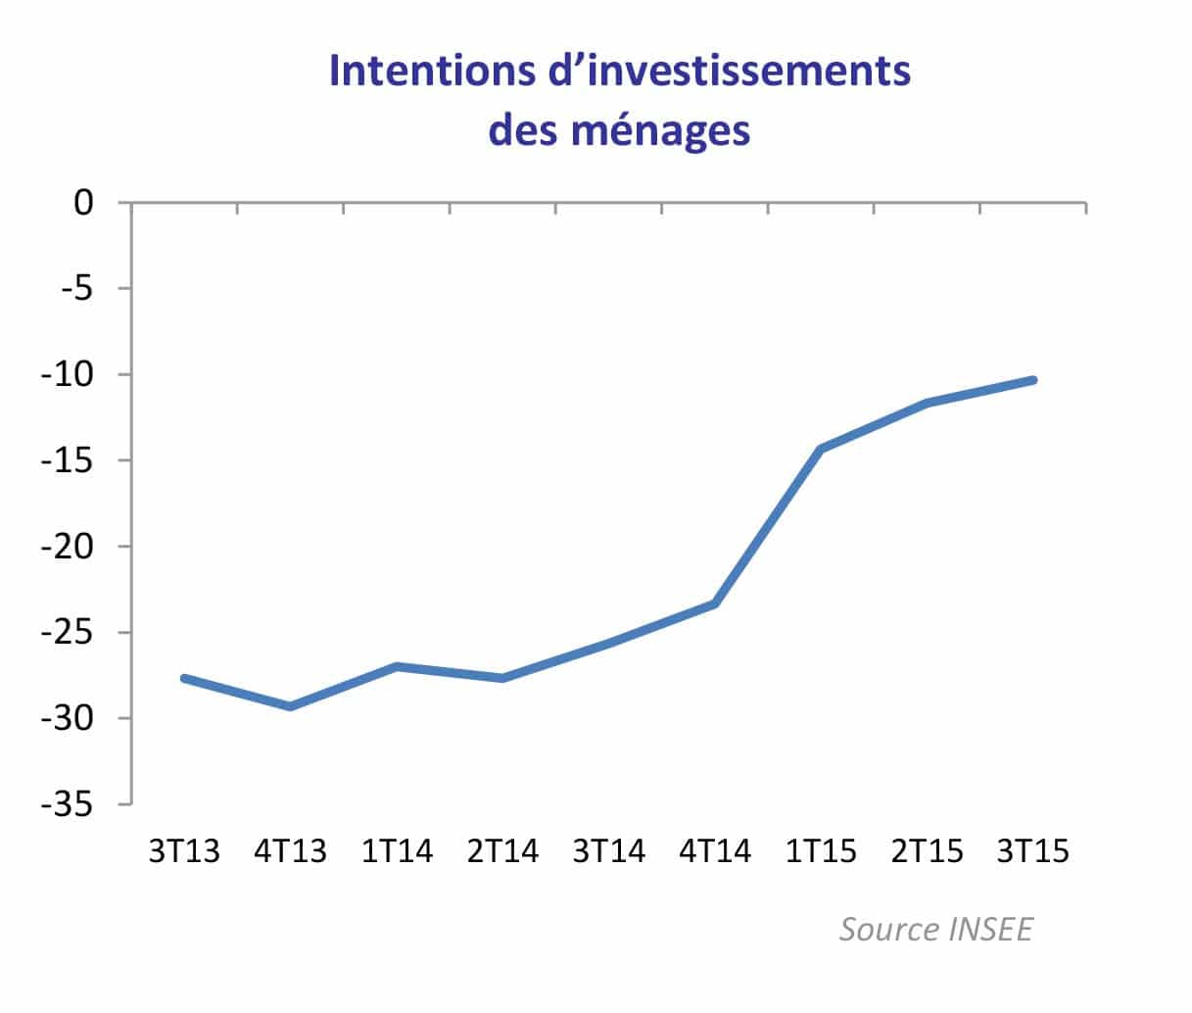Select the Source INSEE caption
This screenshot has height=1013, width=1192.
pyautogui.click(x=935, y=929)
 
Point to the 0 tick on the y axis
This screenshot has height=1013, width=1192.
pyautogui.click(x=83, y=203)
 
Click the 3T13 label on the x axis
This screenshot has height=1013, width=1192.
pyautogui.click(x=184, y=851)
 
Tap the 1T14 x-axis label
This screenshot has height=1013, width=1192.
pyautogui.click(x=397, y=851)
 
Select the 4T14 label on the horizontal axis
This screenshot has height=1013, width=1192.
pyautogui.click(x=715, y=851)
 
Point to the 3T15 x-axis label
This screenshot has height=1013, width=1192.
pyautogui.click(x=1032, y=851)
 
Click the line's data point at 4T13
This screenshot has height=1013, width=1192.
pyautogui.click(x=290, y=706)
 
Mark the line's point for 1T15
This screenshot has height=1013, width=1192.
pyautogui.click(x=821, y=449)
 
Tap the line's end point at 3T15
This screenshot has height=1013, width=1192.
pyautogui.click(x=1032, y=380)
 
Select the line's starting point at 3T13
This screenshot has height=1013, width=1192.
pyautogui.click(x=184, y=678)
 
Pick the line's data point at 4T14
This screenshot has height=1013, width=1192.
pyautogui.click(x=715, y=603)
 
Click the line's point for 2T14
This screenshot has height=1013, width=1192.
pyautogui.click(x=502, y=678)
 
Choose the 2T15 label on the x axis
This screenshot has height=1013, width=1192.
pyautogui.click(x=927, y=851)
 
